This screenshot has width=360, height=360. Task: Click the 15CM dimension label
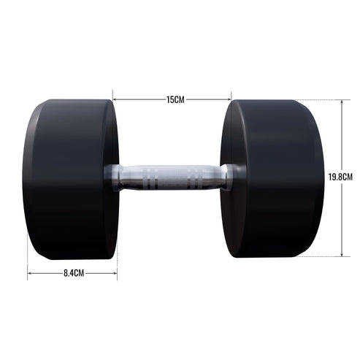pyautogui.click(x=175, y=99)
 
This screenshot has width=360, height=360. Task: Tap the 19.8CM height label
pyautogui.click(x=341, y=177)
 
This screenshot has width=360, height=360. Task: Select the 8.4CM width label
pyautogui.click(x=72, y=273)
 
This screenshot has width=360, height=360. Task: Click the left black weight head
pyautogui.click(x=69, y=179)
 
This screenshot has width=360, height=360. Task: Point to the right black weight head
pyautogui.click(x=273, y=179)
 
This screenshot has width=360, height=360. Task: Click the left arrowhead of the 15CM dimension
pyautogui.click(x=115, y=99)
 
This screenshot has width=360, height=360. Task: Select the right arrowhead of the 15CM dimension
pyautogui.click(x=229, y=99)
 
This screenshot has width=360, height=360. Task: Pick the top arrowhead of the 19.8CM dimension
pyautogui.click(x=342, y=102)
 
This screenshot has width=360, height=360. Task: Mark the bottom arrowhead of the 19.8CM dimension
pyautogui.click(x=342, y=254)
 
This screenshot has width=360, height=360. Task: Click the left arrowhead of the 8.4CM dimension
pyautogui.click(x=30, y=273)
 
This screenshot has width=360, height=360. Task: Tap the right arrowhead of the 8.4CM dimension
pyautogui.click(x=115, y=273)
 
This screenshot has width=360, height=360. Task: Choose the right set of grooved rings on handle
pyautogui.click(x=197, y=178)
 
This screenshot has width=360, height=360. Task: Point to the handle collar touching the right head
pyautogui.click(x=229, y=177)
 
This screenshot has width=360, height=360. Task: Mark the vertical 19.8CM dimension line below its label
pyautogui.click(x=342, y=219)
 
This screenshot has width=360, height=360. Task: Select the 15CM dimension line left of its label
pyautogui.click(x=139, y=99)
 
